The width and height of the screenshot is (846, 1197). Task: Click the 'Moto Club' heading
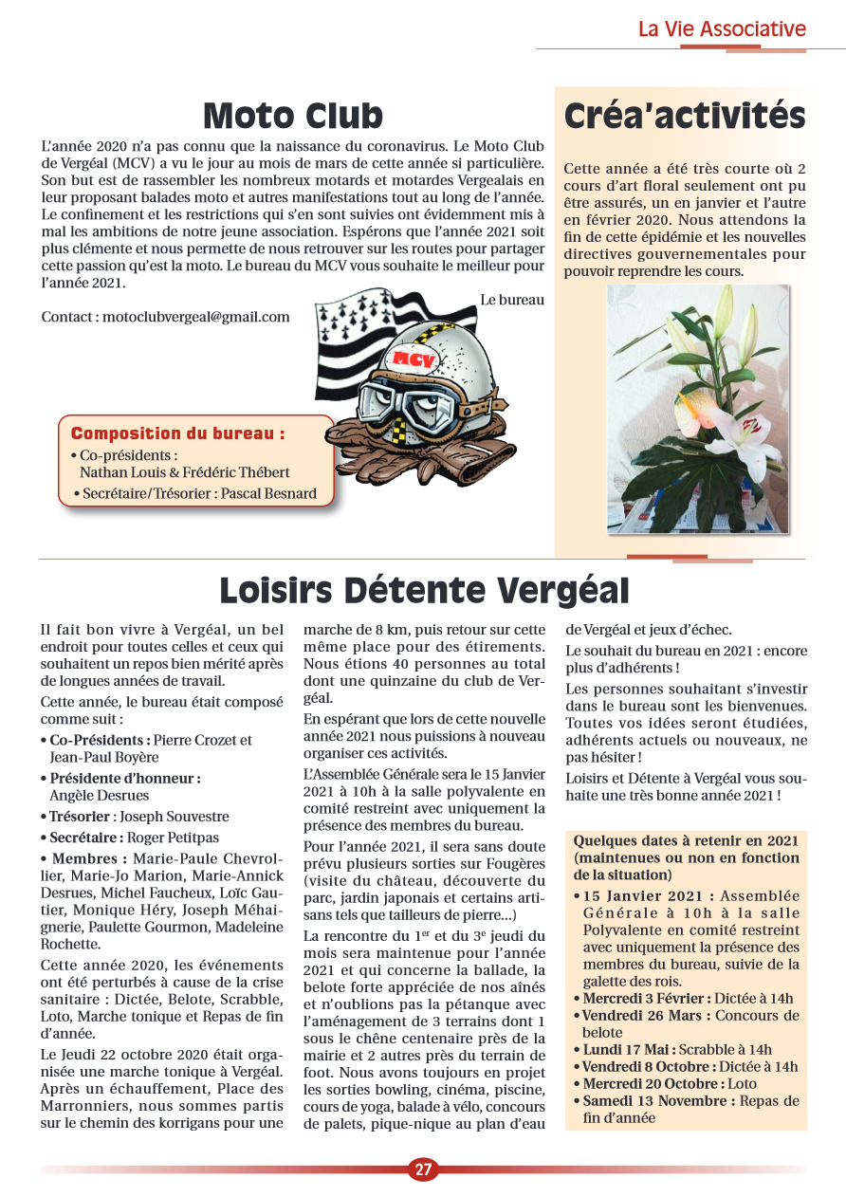(293, 116)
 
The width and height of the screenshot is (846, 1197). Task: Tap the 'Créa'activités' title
(684, 116)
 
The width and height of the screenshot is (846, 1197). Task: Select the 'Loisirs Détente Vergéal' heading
(424, 590)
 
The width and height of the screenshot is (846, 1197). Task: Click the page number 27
(423, 1169)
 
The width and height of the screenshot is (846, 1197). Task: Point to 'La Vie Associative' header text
(722, 28)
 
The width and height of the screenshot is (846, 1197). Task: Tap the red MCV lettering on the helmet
(414, 359)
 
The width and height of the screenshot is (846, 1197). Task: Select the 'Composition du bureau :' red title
(177, 433)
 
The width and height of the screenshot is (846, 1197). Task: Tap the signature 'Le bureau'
(512, 300)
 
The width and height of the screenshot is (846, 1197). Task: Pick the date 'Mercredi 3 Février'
(644, 998)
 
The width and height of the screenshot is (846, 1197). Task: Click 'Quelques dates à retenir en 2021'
(686, 840)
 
